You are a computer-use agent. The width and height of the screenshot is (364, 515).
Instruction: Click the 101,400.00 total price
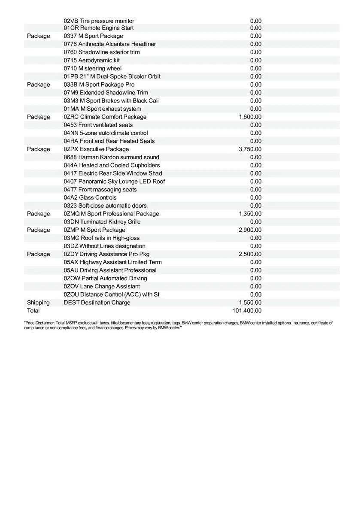tap(247, 311)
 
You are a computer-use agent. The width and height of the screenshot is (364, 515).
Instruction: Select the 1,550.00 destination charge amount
tap(250, 303)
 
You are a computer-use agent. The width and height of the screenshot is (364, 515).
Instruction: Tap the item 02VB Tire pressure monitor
tap(99, 21)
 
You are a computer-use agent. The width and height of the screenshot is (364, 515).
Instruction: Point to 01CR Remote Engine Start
tap(98, 28)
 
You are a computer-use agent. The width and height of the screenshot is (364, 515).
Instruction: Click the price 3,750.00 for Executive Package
tap(250, 149)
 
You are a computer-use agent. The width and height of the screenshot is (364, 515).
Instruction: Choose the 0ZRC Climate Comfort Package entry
tap(105, 117)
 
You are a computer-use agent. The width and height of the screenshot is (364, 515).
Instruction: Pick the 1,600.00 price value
tap(250, 117)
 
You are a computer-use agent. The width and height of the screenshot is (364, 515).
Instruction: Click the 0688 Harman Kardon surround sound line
tap(111, 157)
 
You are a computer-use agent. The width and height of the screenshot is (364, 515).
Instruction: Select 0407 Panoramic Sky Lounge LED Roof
tap(114, 182)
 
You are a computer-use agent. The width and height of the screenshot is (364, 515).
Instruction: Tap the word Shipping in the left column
tap(38, 303)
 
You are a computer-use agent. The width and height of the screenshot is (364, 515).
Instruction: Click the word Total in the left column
tap(33, 311)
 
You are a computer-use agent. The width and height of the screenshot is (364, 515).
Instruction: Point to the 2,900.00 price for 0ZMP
tap(250, 230)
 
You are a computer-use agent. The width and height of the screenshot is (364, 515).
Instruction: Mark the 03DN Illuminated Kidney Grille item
tap(102, 222)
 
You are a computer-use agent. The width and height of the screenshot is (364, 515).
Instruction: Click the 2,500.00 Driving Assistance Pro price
tap(250, 254)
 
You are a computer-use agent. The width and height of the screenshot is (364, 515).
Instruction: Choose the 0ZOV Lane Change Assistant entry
tap(101, 286)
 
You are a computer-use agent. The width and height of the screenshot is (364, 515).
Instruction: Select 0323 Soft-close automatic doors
tap(105, 206)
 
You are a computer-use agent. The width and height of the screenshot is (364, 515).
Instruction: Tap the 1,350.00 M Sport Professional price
tap(250, 214)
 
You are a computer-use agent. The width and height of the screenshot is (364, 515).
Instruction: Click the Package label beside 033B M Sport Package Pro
tap(38, 85)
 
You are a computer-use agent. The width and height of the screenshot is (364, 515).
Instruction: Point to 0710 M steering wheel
tap(92, 68)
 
